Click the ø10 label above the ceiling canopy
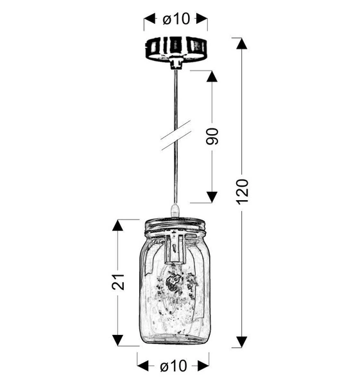tap(176, 19)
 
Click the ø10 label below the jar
tap(173, 366)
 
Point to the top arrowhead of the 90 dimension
tap(212, 76)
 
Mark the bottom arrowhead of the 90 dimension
tap(212, 196)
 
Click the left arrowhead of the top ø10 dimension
tap(148, 20)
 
